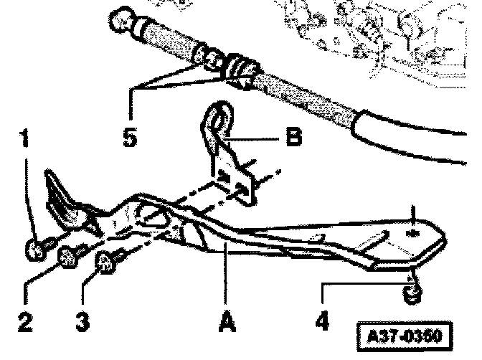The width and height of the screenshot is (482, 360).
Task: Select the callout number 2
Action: (x=26, y=321)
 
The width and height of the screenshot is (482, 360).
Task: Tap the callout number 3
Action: (x=83, y=321)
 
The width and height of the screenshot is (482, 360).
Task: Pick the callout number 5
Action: (x=130, y=136)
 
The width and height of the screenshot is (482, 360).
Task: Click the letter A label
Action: (x=226, y=321)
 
